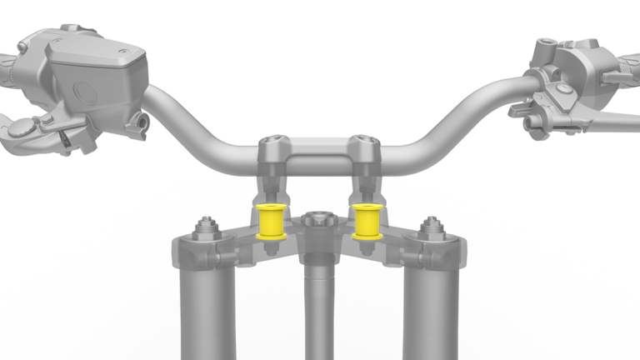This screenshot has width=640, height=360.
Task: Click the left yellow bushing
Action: tap(270, 221)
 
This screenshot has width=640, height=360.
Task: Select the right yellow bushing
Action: tap(367, 221)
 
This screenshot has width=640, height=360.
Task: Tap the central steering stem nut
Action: tap(318, 221)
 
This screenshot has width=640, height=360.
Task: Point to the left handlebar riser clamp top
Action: tap(273, 147)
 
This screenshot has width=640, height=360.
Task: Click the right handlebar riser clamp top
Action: tap(364, 146)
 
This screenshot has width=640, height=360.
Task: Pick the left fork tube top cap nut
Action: tap(205, 227)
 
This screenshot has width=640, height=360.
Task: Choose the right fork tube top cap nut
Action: tap(431, 227)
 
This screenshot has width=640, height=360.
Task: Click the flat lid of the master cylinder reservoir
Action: tap(96, 50)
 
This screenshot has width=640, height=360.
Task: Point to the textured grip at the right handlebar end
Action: tap(629, 62)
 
